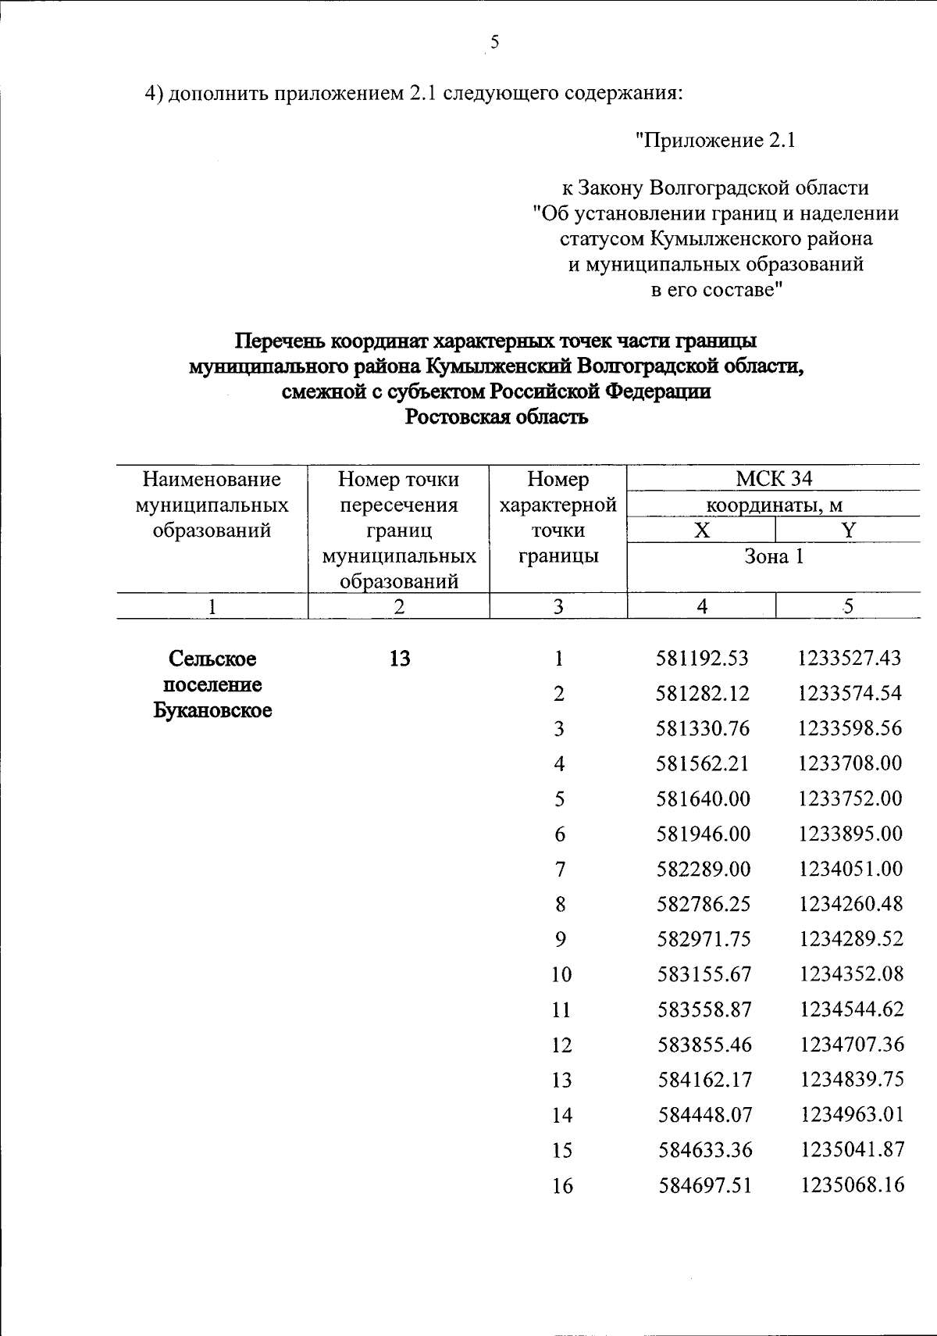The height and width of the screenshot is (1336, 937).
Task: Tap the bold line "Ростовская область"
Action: pos(496,417)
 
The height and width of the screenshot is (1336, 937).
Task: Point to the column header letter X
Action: pos(702,531)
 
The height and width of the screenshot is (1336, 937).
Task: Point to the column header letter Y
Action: pos(849,531)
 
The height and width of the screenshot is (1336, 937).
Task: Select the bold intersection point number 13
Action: pos(399,659)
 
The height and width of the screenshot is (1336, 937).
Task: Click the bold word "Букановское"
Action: pos(212,711)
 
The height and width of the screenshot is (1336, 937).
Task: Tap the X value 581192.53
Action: pos(703,659)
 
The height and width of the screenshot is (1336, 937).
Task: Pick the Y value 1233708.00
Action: pos(850,763)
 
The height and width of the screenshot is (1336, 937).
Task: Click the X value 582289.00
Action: pos(703,869)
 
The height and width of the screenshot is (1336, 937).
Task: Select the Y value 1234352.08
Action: pos(851,974)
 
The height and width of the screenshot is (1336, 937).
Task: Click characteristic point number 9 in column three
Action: pos(560,939)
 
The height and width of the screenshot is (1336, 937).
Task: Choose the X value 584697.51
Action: pos(704,1185)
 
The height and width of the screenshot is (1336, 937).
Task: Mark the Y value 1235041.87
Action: pos(852,1150)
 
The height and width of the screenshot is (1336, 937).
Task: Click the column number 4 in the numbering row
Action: pos(702,606)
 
